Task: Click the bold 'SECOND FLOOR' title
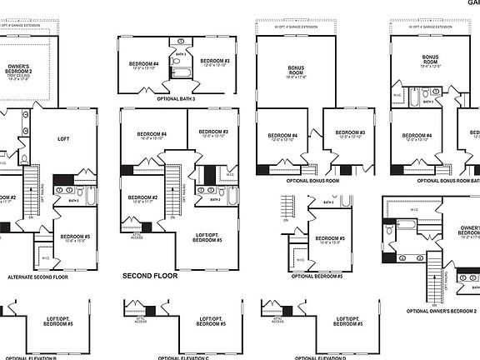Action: (x=150, y=275)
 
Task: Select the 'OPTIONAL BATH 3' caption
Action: (x=176, y=98)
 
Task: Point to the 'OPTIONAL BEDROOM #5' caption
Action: (x=314, y=276)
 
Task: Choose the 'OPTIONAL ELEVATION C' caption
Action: (x=183, y=357)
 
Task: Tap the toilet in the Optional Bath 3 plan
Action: (x=181, y=42)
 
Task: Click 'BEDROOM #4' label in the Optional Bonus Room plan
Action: (x=282, y=137)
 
